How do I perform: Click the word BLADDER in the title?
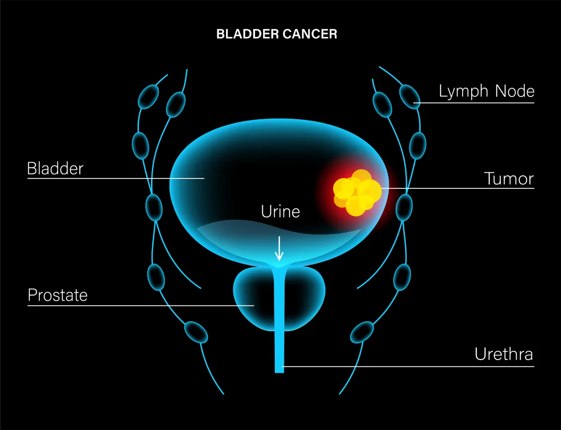tap(247, 34)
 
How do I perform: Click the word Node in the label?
tap(515, 91)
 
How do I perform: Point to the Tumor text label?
tap(509, 179)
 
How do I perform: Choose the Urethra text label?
tap(504, 354)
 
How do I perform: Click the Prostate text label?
tap(58, 295)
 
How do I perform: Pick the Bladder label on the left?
tap(55, 169)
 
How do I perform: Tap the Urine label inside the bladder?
tap(280, 212)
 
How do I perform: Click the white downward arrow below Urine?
tap(279, 249)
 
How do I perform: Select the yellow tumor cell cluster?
tap(357, 193)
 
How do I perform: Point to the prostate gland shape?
tap(255, 294)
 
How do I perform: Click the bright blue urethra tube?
tap(279, 328)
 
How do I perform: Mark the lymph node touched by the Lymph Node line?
tap(409, 96)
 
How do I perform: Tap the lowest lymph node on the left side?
tap(196, 332)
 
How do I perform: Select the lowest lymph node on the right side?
tap(362, 332)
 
